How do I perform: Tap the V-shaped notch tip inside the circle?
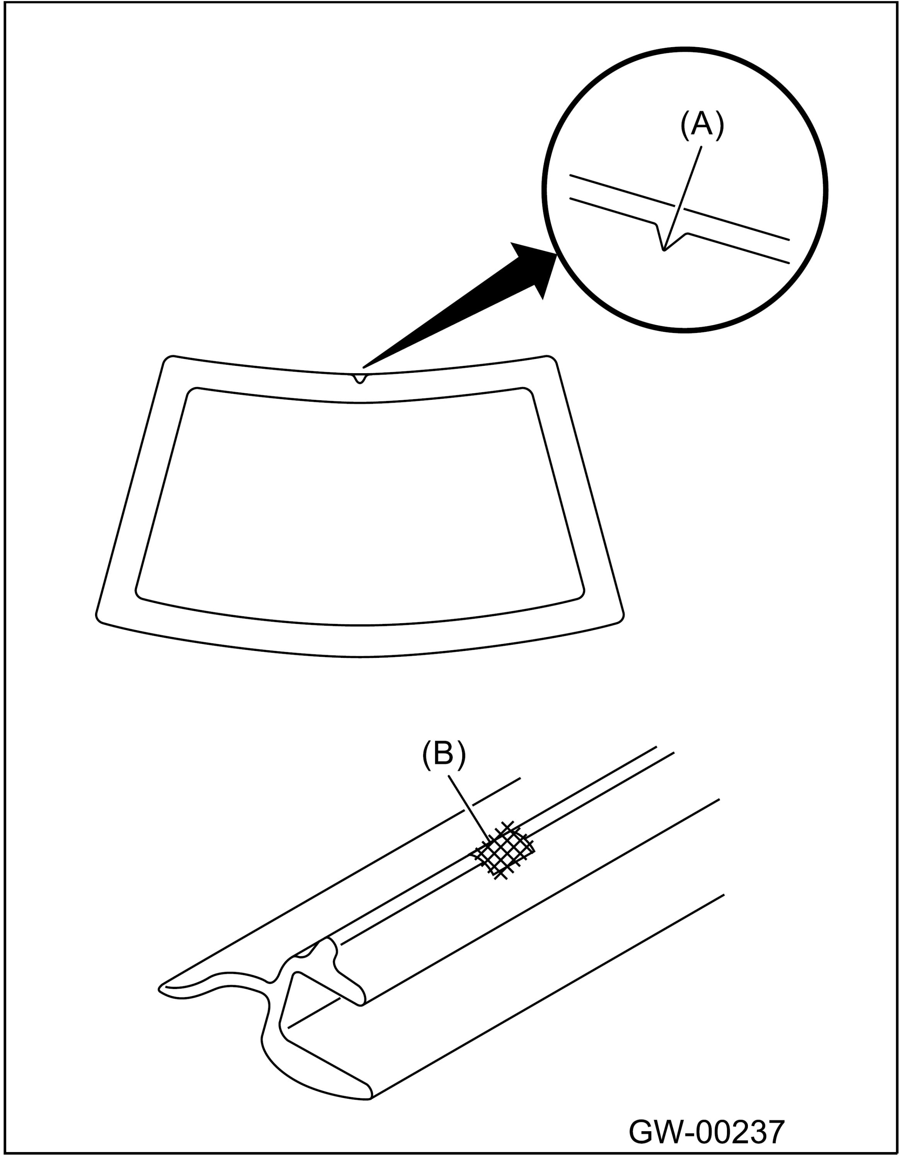tap(664, 250)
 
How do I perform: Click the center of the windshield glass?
tap(360, 504)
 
